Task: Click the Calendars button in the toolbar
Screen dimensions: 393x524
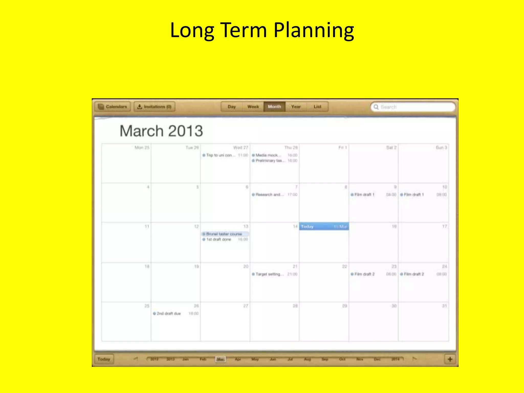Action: point(113,107)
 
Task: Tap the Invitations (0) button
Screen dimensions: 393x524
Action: point(155,107)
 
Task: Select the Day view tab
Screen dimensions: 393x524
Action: point(232,107)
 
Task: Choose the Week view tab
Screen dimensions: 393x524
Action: point(253,107)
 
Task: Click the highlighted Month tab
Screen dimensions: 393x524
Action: point(275,107)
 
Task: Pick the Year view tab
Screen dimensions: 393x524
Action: point(296,107)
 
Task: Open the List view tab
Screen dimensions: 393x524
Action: point(317,107)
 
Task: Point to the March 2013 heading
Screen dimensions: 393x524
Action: point(161,131)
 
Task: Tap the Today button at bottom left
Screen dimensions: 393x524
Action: point(104,359)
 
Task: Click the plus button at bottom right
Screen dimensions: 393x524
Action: point(450,359)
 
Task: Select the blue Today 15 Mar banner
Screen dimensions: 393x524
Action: point(324,226)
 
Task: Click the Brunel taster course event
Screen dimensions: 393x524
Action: point(224,234)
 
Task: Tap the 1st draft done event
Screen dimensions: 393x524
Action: point(219,239)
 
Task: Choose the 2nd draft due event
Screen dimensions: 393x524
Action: point(169,314)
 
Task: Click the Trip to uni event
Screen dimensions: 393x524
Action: point(219,155)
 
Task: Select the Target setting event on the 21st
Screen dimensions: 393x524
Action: point(270,274)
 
